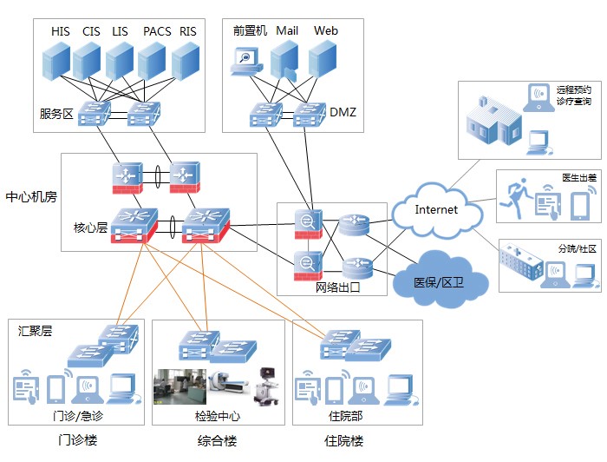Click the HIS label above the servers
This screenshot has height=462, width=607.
[61, 31]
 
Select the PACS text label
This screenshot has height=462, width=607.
[157, 31]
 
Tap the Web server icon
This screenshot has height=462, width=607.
[323, 60]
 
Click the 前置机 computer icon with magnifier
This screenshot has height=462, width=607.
[246, 62]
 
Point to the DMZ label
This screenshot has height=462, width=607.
[343, 112]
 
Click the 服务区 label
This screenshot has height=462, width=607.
[56, 114]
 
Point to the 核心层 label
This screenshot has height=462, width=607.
[90, 228]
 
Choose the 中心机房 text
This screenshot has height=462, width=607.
[31, 196]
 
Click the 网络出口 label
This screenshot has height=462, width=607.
[338, 287]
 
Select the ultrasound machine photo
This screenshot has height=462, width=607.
[267, 386]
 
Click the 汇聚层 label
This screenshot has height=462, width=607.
[35, 331]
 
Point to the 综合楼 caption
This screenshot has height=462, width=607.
[217, 440]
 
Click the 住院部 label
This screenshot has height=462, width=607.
[346, 416]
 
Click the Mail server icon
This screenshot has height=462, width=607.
[284, 61]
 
